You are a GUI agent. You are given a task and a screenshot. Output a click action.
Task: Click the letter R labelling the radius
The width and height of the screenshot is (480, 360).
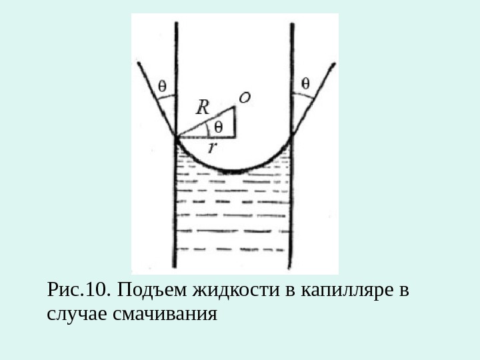coord(203,107)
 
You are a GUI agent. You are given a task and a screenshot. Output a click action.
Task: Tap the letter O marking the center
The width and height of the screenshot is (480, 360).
coord(245,98)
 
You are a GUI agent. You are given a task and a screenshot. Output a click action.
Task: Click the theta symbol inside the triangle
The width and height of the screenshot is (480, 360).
coord(219,127)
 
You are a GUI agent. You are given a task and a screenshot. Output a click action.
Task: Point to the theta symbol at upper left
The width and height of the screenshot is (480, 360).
coord(163,85)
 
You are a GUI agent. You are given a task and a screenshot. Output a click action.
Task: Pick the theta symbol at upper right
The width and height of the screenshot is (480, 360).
coord(305,83)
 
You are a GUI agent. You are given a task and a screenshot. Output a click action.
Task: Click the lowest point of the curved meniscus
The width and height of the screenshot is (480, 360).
coord(233,172)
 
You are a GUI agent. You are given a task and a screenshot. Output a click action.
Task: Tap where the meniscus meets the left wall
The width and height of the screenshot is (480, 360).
coord(177,137)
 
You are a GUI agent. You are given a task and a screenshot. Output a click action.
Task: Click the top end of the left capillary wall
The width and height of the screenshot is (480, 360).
coord(176,23)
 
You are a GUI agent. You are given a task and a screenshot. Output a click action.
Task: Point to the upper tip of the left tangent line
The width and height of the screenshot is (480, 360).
coord(139,63)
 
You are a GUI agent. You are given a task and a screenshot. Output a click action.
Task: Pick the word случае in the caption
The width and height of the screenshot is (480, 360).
coord(72,312)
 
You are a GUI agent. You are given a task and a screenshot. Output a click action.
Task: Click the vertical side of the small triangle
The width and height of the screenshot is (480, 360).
coord(235,121)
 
